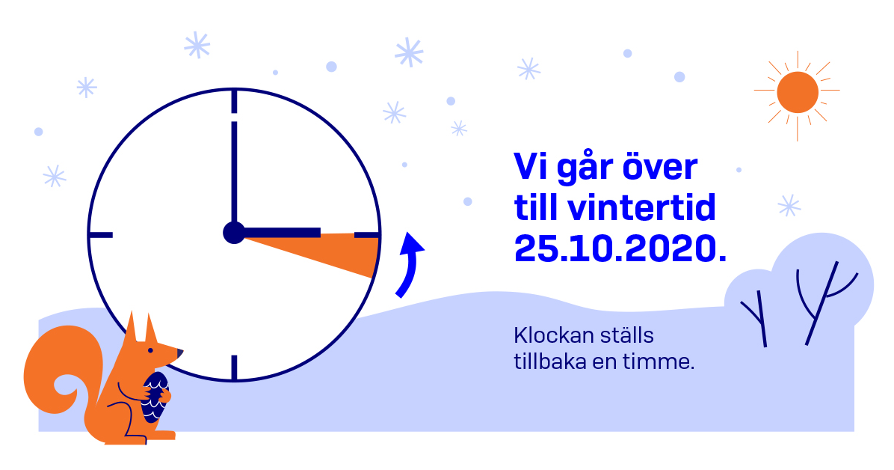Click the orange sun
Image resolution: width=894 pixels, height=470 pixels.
click(797, 92)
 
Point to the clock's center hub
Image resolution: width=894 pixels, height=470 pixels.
click(234, 233)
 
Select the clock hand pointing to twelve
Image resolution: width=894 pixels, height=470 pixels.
click(234, 172)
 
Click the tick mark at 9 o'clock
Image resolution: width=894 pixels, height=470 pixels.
click(101, 235)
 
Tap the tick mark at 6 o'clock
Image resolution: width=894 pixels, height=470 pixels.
click(234, 367)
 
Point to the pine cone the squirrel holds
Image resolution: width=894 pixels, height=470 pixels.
click(155, 394)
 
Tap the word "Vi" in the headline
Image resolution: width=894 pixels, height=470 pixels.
click(528, 168)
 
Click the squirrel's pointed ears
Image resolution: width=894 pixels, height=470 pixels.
click(141, 327)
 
